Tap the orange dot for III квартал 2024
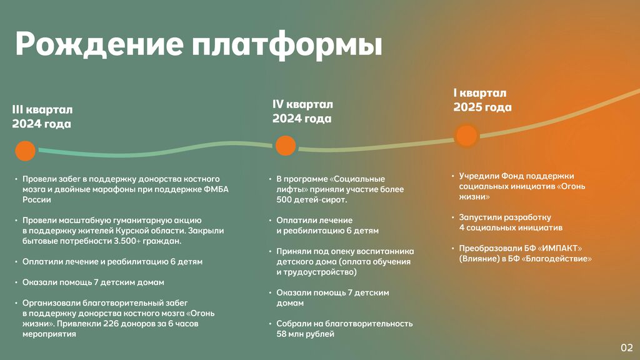25,151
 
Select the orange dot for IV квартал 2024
286,146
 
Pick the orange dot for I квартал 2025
466,136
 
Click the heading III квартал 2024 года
42,117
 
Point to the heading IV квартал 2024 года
303,111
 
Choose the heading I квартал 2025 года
482,100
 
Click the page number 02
626,347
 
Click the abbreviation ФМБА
216,189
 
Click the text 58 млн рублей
305,334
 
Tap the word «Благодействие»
557,259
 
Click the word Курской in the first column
131,231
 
